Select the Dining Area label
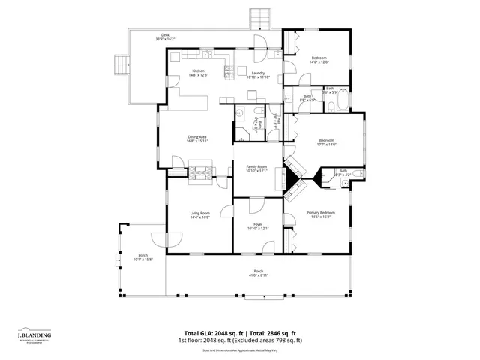point(197,136)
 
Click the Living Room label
point(199,213)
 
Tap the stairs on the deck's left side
point(121,64)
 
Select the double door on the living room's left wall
point(164,238)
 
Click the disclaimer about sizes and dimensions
point(240,349)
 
